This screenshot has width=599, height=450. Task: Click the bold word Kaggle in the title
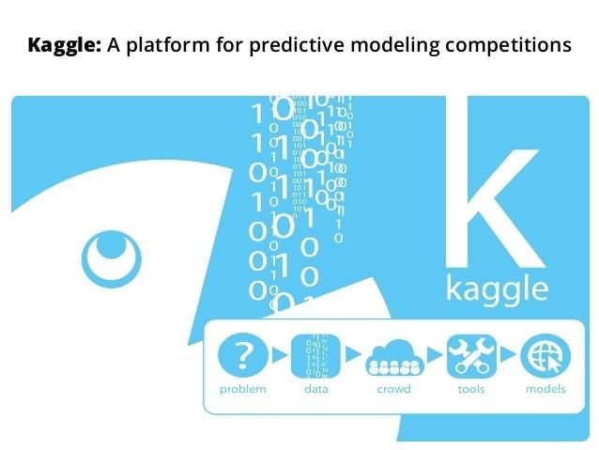64,45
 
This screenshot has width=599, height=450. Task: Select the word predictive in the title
297,45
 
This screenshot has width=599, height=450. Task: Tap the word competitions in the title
508,45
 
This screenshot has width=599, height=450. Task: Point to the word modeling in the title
395,45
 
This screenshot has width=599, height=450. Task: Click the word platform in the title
168,45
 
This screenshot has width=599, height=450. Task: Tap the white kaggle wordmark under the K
497,290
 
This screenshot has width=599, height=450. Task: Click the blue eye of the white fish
111,259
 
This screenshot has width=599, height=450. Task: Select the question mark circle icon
243,356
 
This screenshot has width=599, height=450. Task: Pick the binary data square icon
315,356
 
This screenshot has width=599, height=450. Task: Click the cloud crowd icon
394,358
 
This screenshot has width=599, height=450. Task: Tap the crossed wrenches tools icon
472,356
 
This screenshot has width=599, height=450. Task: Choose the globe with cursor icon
545,356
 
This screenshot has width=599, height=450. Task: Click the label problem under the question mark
243,390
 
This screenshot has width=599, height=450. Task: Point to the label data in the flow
316,389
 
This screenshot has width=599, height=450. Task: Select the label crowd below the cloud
394,389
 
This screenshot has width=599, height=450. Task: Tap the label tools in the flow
471,389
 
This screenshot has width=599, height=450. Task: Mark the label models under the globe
545,389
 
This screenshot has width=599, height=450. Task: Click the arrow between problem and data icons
279,355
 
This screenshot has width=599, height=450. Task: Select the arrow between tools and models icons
508,354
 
